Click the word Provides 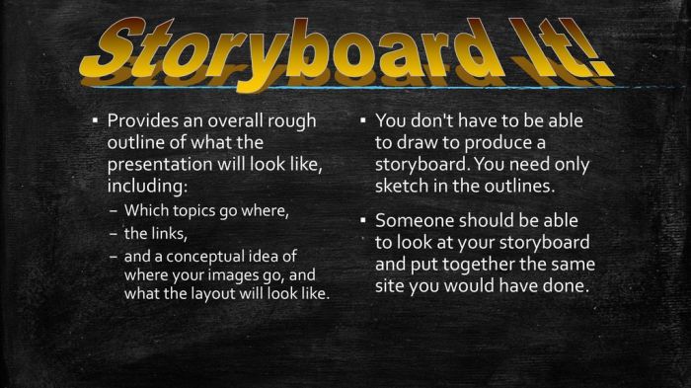[142, 120]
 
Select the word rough [291, 120]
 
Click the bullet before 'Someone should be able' [362, 220]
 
